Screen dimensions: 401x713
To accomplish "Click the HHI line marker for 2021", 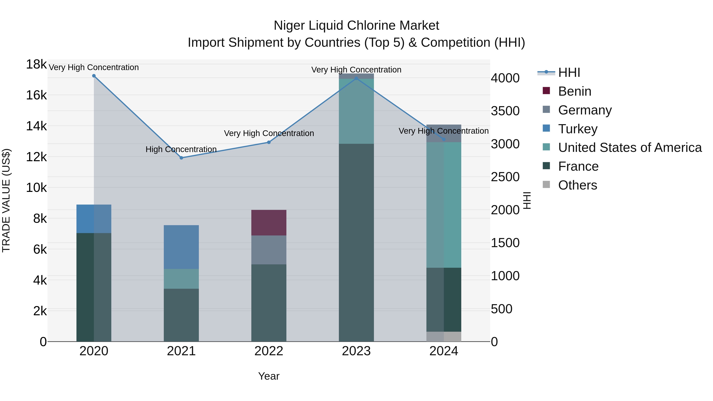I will [181, 158].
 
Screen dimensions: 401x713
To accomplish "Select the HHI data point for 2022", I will [269, 142].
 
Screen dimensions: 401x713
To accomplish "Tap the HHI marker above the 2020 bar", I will [94, 76].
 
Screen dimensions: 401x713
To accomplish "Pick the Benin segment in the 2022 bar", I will [269, 223].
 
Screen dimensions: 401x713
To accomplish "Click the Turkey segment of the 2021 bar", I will [181, 247].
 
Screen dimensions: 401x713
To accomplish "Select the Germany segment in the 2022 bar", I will [269, 250].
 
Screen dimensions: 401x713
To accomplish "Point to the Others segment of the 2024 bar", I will [444, 336].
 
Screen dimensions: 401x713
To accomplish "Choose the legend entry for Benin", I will [574, 91].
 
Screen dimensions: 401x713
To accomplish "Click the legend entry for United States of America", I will [630, 148].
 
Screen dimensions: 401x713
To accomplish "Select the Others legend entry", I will [577, 185].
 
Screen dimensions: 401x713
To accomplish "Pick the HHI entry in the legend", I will [569, 72].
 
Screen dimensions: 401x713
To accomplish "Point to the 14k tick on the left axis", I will [36, 126].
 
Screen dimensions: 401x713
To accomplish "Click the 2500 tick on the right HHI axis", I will [505, 177].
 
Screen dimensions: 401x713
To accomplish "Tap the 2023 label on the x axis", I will [356, 351].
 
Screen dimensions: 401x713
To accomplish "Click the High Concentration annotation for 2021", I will [181, 150].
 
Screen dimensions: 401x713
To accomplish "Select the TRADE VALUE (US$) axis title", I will [6, 200].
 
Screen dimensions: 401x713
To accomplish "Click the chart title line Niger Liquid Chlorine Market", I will [356, 26].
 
